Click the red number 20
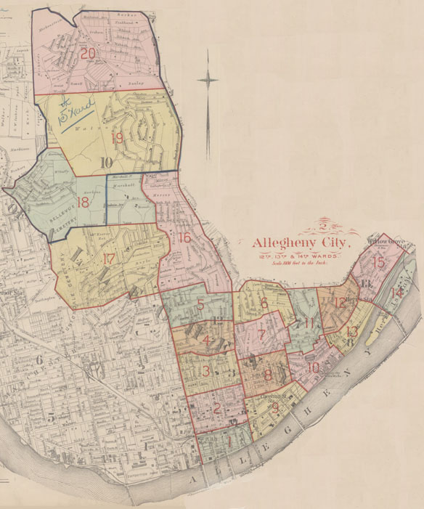(x=89, y=54)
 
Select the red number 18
(x=83, y=203)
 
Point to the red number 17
(x=109, y=258)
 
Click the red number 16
(x=184, y=237)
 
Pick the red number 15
(x=378, y=262)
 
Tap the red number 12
(x=341, y=303)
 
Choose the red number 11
(x=310, y=322)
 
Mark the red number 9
(x=274, y=408)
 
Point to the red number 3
(x=206, y=372)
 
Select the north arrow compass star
(x=208, y=80)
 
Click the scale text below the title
(x=298, y=265)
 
